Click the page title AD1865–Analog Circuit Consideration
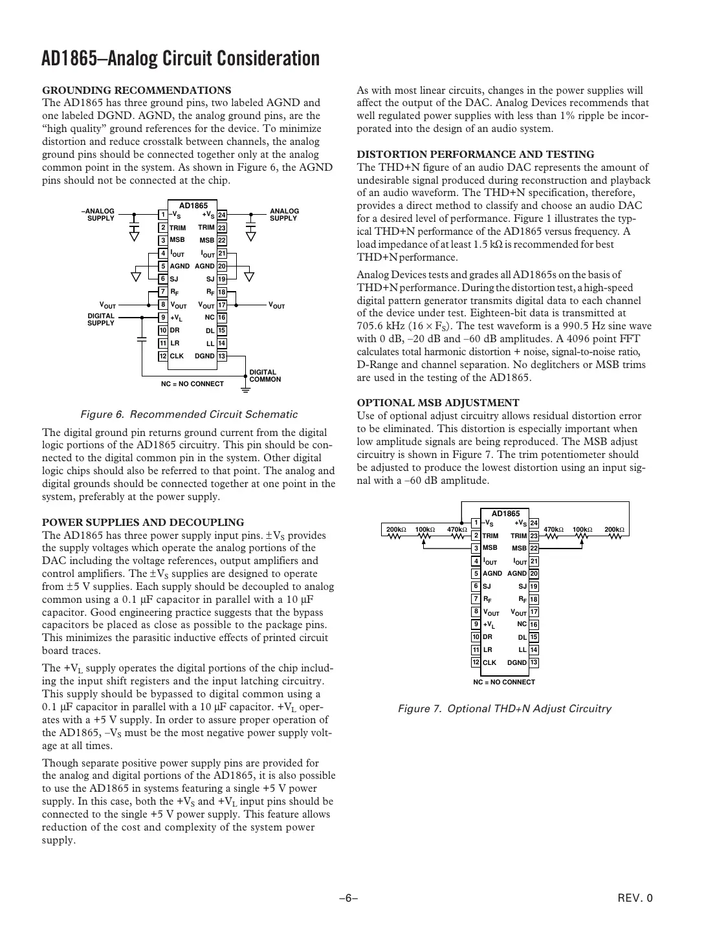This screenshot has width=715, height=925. click(181, 59)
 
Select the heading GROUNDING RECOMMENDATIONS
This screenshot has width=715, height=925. click(137, 90)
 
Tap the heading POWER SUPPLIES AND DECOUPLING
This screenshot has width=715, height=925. click(143, 522)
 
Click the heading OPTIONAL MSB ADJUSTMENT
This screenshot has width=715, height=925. click(438, 403)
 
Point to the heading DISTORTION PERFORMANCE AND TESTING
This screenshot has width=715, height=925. click(476, 155)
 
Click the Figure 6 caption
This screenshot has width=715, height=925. click(188, 414)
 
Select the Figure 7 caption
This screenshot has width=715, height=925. click(504, 708)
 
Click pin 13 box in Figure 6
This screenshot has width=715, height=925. click(222, 356)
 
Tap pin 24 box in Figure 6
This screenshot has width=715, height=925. click(222, 215)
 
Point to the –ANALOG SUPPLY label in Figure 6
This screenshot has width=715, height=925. click(98, 215)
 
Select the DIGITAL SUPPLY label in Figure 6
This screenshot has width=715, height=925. click(101, 320)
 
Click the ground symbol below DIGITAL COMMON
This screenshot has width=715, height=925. click(245, 390)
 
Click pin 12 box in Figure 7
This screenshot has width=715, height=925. click(476, 662)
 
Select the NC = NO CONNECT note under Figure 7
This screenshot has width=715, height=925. click(504, 682)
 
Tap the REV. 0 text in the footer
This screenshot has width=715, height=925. click(635, 898)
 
